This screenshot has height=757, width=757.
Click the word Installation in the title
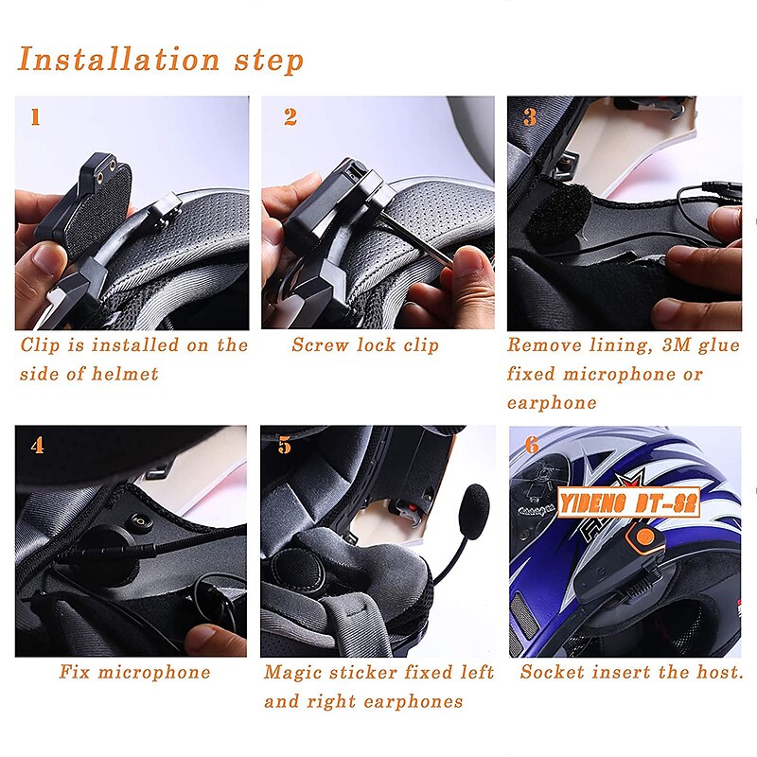coord(119,60)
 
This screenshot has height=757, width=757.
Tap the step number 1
coord(35,117)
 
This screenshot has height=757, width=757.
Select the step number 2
coord(290,117)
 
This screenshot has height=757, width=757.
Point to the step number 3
coord(530,117)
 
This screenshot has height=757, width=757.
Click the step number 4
coord(37,445)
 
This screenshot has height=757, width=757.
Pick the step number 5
coord(285,445)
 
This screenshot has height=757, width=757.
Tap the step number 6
coord(532,445)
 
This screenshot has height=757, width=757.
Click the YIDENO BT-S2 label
coord(628,503)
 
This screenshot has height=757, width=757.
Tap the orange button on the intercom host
coord(645,537)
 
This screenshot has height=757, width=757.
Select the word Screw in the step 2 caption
coord(320,344)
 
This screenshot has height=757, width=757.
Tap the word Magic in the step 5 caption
coord(292,673)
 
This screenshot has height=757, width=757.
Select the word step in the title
coord(270,61)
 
